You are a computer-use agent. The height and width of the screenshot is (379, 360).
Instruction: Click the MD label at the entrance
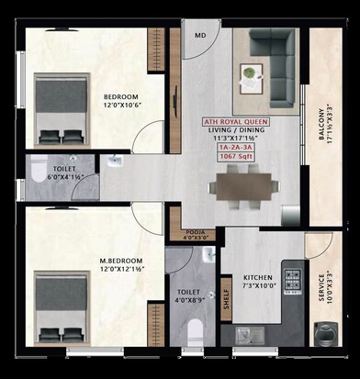click(200, 36)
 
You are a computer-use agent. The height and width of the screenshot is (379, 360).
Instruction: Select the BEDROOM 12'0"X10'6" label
click(119, 102)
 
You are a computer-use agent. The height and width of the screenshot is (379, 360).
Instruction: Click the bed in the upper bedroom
click(60, 101)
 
